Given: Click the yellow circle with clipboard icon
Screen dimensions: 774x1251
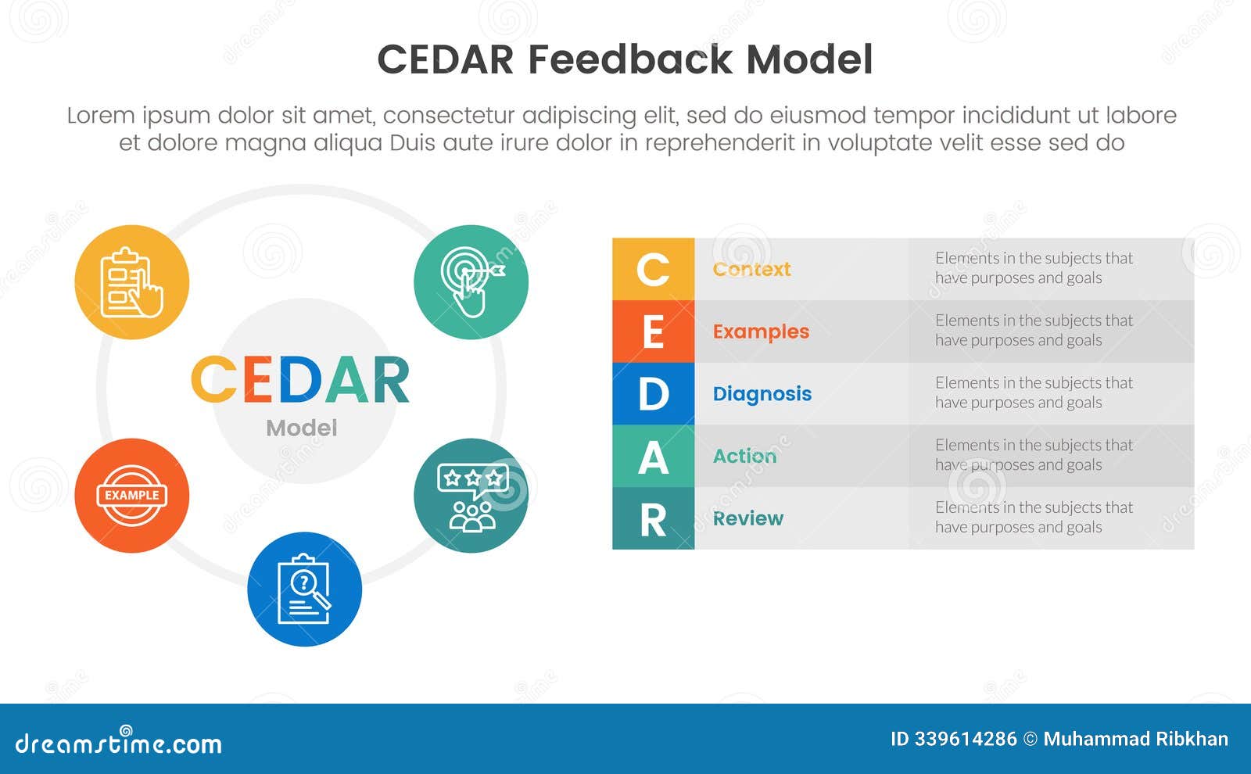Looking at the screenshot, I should tap(131, 282).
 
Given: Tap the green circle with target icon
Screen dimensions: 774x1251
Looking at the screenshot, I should tap(471, 282).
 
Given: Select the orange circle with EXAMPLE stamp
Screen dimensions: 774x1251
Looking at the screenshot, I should tap(131, 496).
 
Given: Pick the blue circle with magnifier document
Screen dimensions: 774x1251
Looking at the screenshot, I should tap(304, 589).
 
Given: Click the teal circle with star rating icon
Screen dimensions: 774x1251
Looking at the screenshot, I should tap(471, 496).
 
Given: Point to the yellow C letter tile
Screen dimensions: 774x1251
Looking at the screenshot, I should tap(653, 269).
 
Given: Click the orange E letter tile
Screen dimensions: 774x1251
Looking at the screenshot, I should tap(653, 331).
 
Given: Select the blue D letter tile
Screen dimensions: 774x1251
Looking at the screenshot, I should tap(653, 393).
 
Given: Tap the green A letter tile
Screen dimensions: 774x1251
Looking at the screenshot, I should tap(653, 456).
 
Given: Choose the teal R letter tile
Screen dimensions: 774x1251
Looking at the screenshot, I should tap(653, 518).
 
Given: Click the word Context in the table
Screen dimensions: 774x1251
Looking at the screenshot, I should tap(751, 269).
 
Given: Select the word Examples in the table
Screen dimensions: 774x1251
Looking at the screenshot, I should tap(761, 331).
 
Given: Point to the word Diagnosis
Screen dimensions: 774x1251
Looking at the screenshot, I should tap(762, 393).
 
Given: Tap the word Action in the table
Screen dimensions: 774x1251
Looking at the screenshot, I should tap(744, 456).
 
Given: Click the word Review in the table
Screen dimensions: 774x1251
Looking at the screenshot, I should tap(747, 518).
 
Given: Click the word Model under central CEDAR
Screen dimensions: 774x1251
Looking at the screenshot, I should tap(301, 428).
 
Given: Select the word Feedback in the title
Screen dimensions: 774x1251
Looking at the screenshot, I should tap(630, 59).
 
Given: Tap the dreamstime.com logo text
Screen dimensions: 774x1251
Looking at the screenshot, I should tap(118, 743).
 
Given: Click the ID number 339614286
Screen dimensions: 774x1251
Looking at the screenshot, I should tap(965, 739).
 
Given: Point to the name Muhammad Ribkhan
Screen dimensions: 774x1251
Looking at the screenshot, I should tap(1135, 739).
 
